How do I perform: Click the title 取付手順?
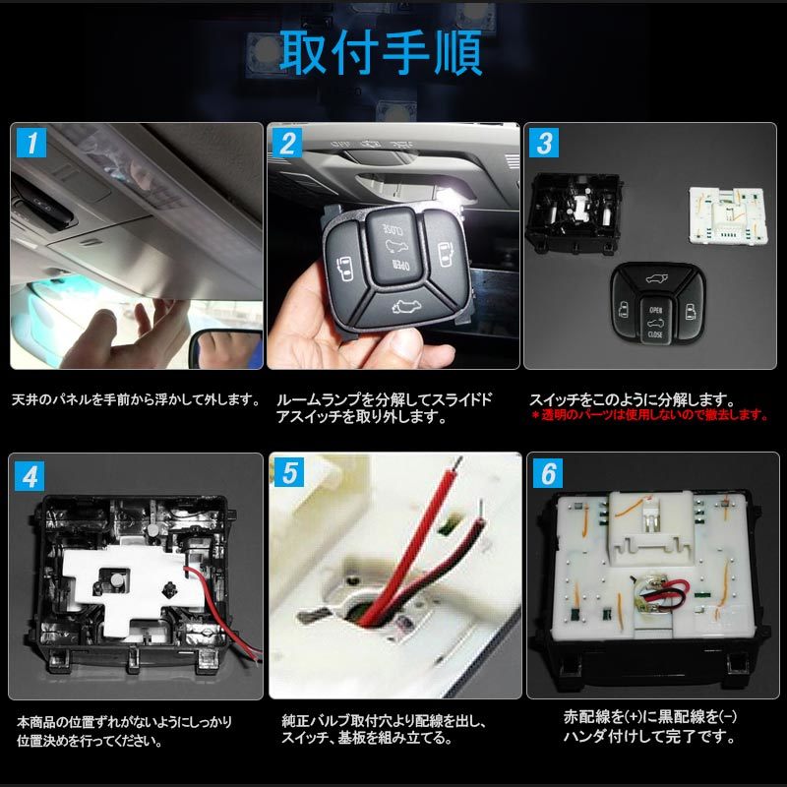382,54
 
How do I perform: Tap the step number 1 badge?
31,144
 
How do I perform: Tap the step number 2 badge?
288,144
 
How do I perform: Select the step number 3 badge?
544,144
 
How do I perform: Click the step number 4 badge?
31,475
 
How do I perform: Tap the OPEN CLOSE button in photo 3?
655,322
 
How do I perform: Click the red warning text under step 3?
649,415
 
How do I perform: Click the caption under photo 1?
136,401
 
